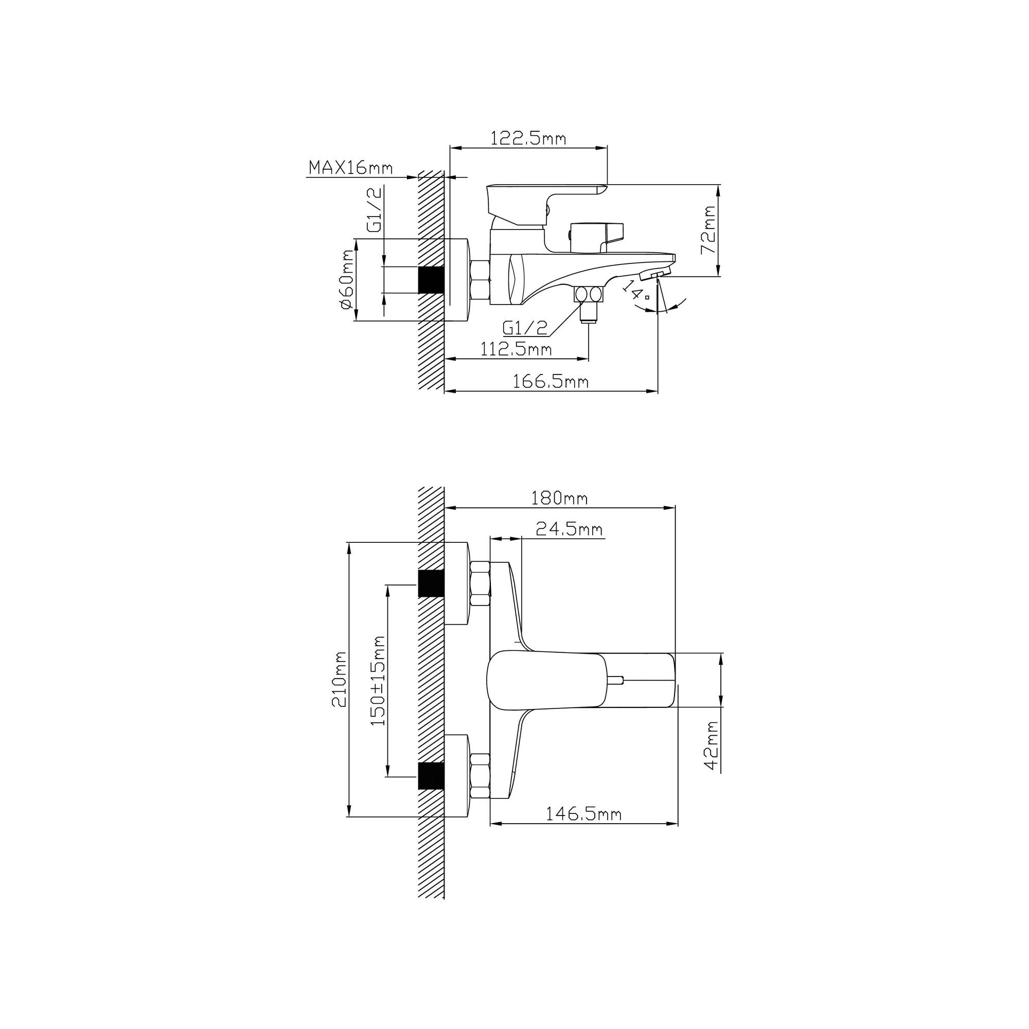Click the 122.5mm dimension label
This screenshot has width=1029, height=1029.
coord(528,138)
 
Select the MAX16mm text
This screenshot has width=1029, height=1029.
coord(350,168)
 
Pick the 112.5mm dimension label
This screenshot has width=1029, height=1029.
coord(516,349)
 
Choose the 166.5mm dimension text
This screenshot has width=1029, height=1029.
coord(551,381)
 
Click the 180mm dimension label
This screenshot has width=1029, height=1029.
coord(559,498)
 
